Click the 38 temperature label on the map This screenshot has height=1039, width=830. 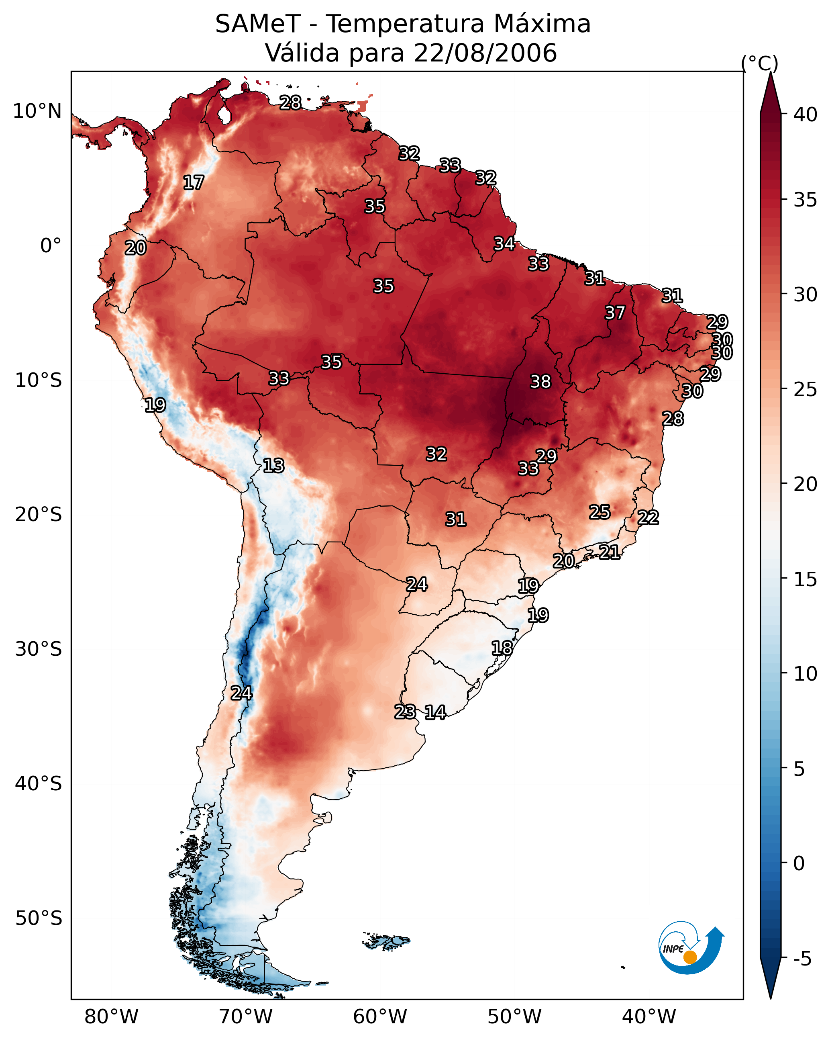point(540,382)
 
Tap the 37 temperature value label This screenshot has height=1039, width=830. point(615,313)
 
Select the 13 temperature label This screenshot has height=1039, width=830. point(273,466)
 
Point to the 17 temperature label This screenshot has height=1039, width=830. point(194,183)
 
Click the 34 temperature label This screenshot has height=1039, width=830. point(504,244)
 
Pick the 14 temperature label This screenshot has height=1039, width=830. point(435,712)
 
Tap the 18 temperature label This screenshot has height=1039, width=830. point(502,648)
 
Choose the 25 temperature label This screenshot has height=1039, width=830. point(600,512)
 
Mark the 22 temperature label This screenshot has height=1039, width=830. point(648,517)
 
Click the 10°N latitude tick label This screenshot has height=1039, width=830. point(37,111)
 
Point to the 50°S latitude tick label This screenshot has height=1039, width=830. point(39,918)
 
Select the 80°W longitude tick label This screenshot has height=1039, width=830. point(111,1017)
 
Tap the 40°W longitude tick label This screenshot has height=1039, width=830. point(649,1017)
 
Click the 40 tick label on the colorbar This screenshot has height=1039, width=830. point(806,115)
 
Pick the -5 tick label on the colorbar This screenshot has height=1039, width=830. point(803,959)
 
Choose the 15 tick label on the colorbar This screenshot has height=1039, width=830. point(806,579)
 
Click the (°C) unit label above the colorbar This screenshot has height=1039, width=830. point(760,63)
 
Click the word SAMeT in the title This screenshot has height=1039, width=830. point(258,24)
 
